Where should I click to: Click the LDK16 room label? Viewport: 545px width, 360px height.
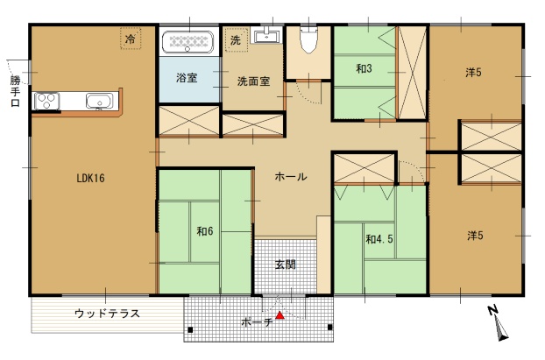tap(90, 179)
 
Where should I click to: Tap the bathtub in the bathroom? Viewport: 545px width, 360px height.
tap(188, 42)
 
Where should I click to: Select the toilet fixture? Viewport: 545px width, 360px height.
tap(308, 40)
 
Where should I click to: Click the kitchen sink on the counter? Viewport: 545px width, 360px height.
tap(100, 101)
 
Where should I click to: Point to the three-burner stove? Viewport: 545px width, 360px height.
tap(46, 101)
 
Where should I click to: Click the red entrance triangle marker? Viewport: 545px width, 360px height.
tap(280, 315)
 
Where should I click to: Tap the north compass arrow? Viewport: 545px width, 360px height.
tap(499, 324)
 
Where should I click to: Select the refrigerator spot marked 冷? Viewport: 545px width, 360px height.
tap(131, 39)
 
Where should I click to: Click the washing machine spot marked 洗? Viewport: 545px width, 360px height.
tap(236, 40)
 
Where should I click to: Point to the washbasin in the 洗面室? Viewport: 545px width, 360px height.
tap(267, 35)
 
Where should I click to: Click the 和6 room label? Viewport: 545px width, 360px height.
tap(205, 231)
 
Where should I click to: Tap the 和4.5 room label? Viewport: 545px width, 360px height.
tap(379, 239)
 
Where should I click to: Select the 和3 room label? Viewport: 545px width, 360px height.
tap(364, 68)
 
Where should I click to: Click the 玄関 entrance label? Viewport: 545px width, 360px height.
tap(286, 265)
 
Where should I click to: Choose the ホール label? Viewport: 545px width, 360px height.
tap(291, 177)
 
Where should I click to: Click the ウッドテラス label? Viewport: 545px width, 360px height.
tap(107, 314)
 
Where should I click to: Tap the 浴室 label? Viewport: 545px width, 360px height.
tap(187, 77)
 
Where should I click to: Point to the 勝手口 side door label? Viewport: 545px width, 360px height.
tap(15, 91)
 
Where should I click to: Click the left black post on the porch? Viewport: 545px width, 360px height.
tap(190, 329)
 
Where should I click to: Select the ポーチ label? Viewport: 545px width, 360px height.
tap(257, 322)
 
